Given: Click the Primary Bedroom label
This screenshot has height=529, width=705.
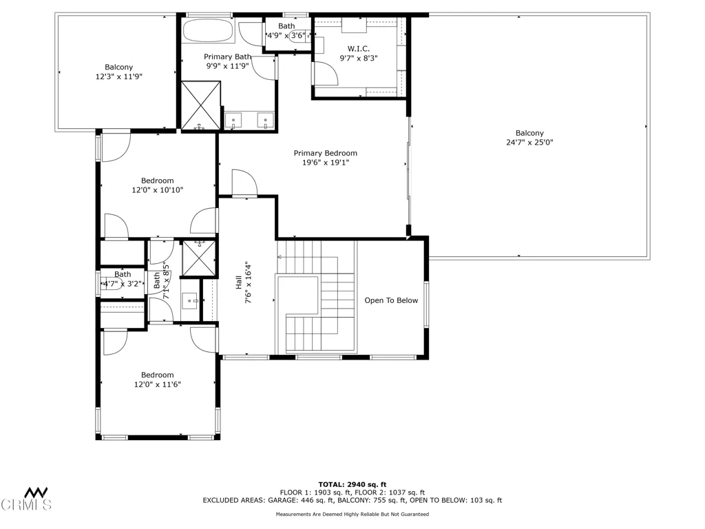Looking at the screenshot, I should (325, 153).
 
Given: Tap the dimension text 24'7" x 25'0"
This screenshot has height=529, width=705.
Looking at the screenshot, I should (529, 143).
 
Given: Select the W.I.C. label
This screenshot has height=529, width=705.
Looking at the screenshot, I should (358, 48).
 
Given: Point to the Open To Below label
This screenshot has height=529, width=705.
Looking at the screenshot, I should (391, 300).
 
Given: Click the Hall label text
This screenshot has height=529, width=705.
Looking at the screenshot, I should (238, 282).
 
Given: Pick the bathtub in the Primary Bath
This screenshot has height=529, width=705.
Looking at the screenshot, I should (209, 31).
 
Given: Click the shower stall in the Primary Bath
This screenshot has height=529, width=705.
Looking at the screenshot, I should (201, 105).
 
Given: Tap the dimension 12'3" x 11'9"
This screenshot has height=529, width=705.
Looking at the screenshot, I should (119, 76).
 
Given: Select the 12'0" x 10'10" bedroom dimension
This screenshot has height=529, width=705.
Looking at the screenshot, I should (158, 190).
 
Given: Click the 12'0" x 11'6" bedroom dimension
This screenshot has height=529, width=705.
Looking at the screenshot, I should (158, 384).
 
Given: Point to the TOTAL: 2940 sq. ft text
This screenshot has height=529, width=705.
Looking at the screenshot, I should (352, 484).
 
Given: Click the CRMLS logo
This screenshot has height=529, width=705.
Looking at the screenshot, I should (26, 499).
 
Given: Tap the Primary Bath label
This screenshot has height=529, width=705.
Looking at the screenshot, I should (227, 56).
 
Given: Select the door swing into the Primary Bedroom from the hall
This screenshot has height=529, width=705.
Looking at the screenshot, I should (244, 183).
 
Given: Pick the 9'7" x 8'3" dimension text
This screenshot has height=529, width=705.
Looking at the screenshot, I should (358, 59).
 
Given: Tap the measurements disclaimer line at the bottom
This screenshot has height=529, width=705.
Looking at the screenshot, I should (352, 515).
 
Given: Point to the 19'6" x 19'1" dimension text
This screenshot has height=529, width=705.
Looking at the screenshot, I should (325, 163).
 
